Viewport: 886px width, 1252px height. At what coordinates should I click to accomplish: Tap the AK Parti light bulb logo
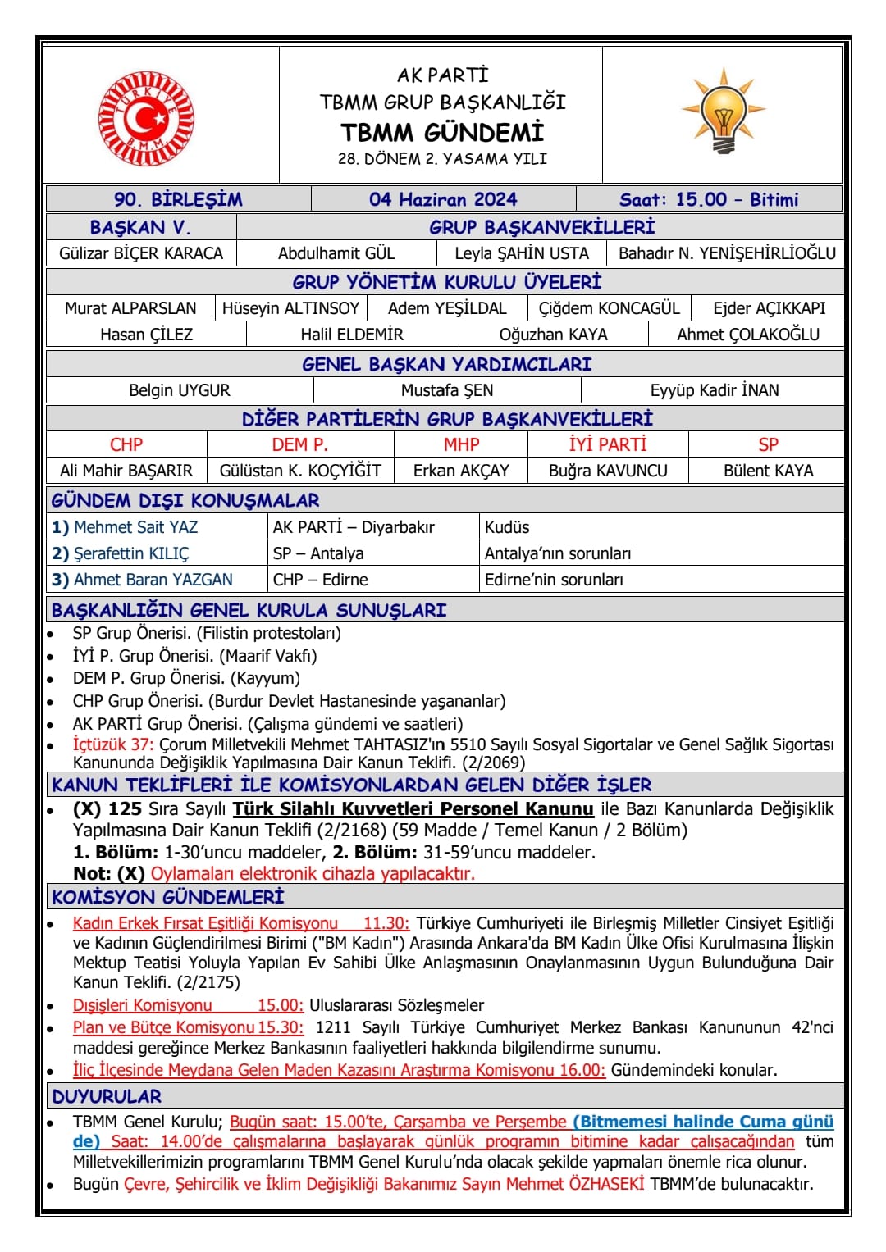723,112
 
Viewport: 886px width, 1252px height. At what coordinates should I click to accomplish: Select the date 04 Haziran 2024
443,199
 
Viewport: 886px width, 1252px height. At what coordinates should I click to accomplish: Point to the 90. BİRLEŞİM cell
178,199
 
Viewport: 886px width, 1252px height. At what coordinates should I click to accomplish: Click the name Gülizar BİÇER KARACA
141,253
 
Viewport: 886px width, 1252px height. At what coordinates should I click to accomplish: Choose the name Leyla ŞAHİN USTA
522,253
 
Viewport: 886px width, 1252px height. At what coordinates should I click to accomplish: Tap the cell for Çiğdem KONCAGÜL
609,308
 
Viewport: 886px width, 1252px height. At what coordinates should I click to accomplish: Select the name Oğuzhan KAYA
553,335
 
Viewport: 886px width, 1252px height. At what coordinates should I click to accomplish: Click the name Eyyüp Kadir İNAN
715,390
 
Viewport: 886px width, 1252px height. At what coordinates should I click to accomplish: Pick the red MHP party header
461,444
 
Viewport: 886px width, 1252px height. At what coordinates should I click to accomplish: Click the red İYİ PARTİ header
608,444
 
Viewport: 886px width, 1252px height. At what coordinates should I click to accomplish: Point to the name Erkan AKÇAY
461,471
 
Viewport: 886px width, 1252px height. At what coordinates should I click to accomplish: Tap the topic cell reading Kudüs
507,527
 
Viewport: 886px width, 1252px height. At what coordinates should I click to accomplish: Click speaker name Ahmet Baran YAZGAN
153,580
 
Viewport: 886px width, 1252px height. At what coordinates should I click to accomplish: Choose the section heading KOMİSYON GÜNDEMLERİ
168,897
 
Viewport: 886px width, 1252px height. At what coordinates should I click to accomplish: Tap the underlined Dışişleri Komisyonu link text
142,1005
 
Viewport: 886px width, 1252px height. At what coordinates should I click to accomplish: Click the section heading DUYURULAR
107,1096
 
